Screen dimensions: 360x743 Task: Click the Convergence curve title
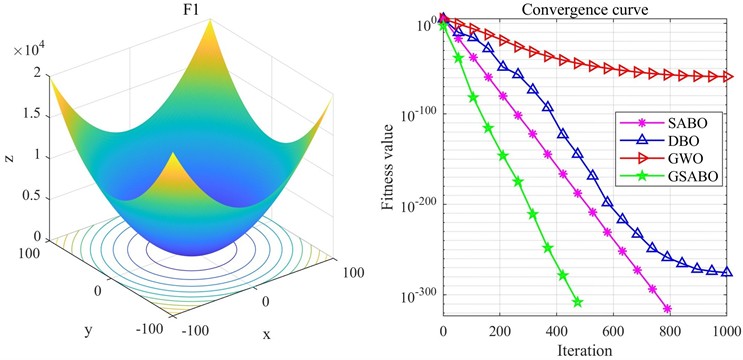[x=585, y=11]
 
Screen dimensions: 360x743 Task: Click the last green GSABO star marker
[x=577, y=302]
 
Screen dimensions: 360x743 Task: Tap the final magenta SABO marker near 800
[x=667, y=309]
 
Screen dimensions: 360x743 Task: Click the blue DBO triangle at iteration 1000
[x=727, y=272]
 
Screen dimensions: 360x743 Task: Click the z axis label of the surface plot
[x=9, y=155]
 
